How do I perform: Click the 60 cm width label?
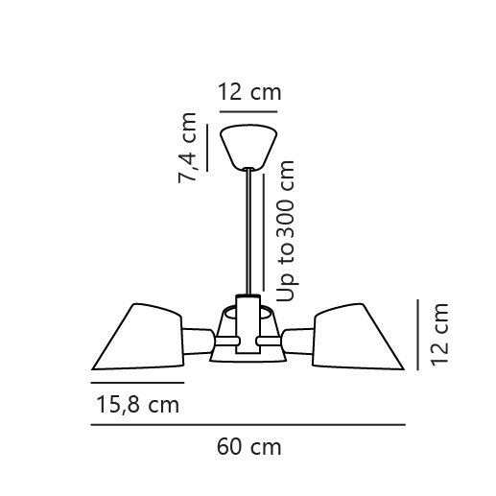pyautogui.click(x=249, y=447)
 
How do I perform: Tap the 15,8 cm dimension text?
pyautogui.click(x=138, y=405)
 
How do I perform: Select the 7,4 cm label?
pyautogui.click(x=187, y=148)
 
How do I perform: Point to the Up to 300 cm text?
pyautogui.click(x=285, y=231)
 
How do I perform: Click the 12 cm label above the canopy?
pyautogui.click(x=249, y=92)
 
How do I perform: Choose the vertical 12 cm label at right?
pyautogui.click(x=439, y=335)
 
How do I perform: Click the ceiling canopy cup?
pyautogui.click(x=248, y=147)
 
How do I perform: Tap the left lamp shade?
pyautogui.click(x=137, y=337)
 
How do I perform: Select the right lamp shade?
pyautogui.click(x=359, y=337)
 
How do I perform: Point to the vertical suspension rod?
pyautogui.click(x=248, y=231)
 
